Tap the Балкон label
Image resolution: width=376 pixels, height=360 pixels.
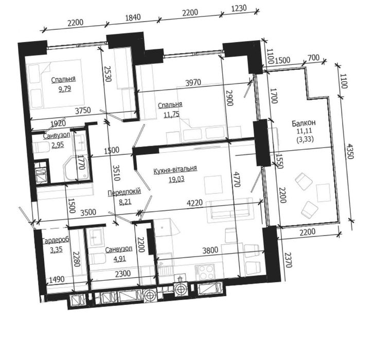(303, 123)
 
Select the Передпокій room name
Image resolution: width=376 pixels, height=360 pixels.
(124, 192)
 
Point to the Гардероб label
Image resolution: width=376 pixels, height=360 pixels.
(56, 240)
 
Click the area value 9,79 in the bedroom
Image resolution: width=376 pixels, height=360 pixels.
(65, 89)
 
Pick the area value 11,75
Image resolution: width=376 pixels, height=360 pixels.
(172, 114)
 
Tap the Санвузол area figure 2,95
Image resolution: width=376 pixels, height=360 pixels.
(58, 145)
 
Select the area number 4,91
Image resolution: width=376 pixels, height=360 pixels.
(120, 259)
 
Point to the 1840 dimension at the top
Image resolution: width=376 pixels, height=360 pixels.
(133, 17)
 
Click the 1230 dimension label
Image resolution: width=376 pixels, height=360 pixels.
(239, 8)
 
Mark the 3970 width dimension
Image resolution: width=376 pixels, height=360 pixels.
(193, 82)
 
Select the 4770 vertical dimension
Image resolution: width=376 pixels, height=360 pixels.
(237, 178)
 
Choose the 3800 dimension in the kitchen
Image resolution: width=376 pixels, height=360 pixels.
(210, 250)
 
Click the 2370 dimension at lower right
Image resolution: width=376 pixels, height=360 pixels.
(289, 260)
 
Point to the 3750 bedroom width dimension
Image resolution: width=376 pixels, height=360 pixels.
(83, 111)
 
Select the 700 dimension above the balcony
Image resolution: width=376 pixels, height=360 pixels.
(313, 58)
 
